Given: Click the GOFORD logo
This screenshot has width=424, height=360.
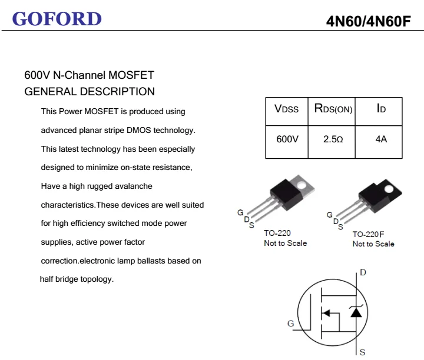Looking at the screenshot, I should (57, 19).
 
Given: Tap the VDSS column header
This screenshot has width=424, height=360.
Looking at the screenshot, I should (287, 109).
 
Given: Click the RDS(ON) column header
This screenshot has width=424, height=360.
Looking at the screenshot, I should (333, 109).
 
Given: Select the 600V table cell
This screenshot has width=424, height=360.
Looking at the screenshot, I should (287, 140).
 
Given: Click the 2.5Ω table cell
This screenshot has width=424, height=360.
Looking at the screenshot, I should (333, 140).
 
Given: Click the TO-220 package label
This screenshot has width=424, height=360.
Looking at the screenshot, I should (277, 234).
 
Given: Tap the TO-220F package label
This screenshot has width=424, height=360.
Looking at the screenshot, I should (368, 234).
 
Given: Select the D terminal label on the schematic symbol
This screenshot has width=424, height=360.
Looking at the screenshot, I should (363, 272).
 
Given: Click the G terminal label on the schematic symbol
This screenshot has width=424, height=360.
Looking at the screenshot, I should (290, 324).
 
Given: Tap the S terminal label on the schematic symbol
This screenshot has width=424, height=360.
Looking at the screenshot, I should (362, 352).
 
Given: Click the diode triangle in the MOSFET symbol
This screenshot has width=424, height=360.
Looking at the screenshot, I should (356, 312).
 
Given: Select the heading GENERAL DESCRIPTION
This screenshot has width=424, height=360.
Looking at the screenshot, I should (90, 92).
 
